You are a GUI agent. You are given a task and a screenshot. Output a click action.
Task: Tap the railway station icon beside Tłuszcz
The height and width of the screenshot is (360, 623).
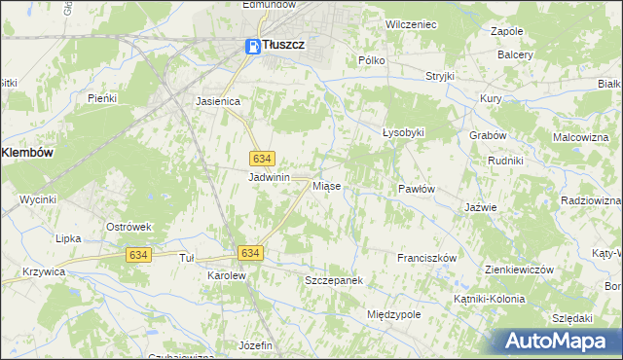[251, 45]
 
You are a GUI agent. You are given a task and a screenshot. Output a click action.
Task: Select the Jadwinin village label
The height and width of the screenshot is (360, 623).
[270, 178]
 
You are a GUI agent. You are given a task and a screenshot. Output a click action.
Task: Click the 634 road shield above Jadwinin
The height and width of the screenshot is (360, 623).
[261, 158]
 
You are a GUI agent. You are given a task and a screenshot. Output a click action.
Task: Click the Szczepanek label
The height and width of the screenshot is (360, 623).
[334, 280]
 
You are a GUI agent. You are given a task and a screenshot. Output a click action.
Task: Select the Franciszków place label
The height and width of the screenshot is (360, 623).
[427, 258]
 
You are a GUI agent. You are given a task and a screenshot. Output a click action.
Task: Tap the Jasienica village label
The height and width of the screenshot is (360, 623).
[218, 100]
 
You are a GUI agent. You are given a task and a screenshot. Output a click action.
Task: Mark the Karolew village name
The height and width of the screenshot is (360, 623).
[227, 275]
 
